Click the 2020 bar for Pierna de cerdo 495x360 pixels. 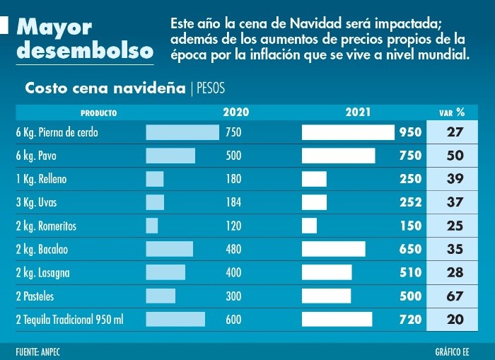182,132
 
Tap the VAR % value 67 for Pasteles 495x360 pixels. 455,296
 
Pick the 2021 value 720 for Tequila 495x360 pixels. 410,320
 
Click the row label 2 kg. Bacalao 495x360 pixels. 42,249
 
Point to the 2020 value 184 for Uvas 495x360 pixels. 233,202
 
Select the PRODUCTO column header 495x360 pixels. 98,112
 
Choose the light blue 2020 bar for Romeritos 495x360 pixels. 152,226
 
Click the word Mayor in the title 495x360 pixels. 54,28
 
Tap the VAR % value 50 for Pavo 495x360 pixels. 455,156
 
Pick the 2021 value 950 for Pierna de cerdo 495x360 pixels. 410,132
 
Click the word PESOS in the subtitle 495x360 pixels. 210,88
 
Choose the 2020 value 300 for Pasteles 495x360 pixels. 233,296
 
